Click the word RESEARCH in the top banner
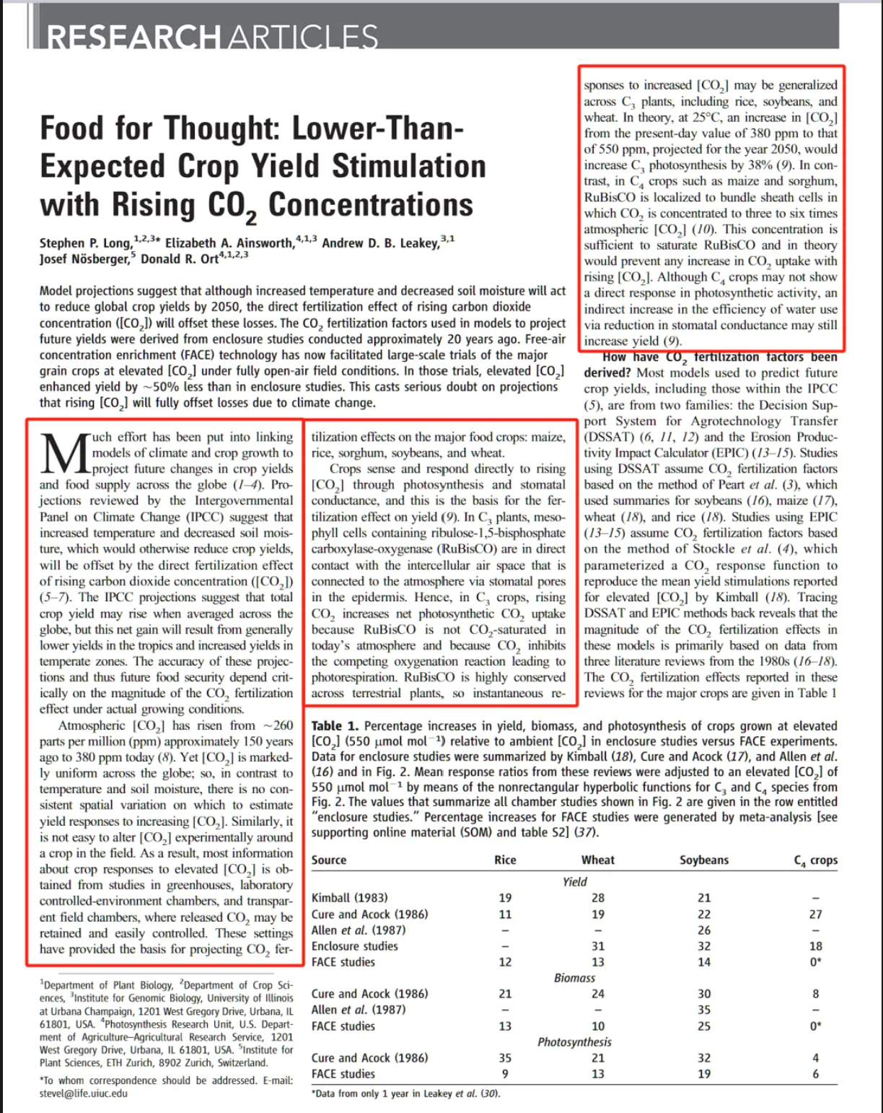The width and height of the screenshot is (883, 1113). coord(134,37)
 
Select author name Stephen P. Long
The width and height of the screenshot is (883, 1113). coord(86,243)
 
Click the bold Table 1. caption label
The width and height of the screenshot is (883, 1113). coord(335,726)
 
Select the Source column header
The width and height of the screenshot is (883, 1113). coord(329,860)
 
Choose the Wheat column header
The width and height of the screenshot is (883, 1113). coord(598,860)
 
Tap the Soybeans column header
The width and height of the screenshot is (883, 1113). coord(704,860)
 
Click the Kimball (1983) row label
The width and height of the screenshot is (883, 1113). coord(350,898)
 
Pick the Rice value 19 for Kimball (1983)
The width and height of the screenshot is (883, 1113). coord(505,898)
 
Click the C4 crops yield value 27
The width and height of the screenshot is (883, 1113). coord(815,915)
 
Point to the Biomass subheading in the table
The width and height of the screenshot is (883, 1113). coord(575,978)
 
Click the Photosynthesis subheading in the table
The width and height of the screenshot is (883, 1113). coord(574,1042)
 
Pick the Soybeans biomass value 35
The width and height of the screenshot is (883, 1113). coord(704,1010)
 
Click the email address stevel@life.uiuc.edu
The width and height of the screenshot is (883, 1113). coord(84,1094)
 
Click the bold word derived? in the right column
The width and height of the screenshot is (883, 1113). coord(608,373)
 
